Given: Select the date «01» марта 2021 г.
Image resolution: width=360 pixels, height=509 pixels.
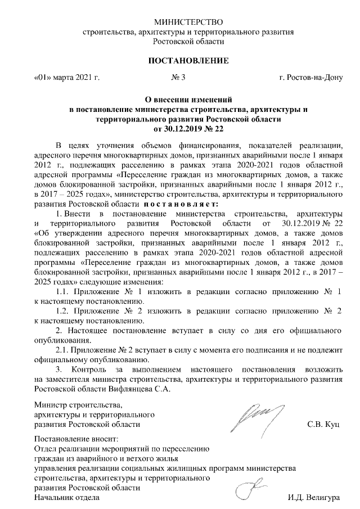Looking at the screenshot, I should (x=66, y=77).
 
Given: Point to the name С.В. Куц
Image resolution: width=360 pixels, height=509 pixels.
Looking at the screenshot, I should (x=323, y=424).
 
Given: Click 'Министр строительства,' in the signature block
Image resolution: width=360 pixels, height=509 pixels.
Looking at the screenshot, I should (x=78, y=404).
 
